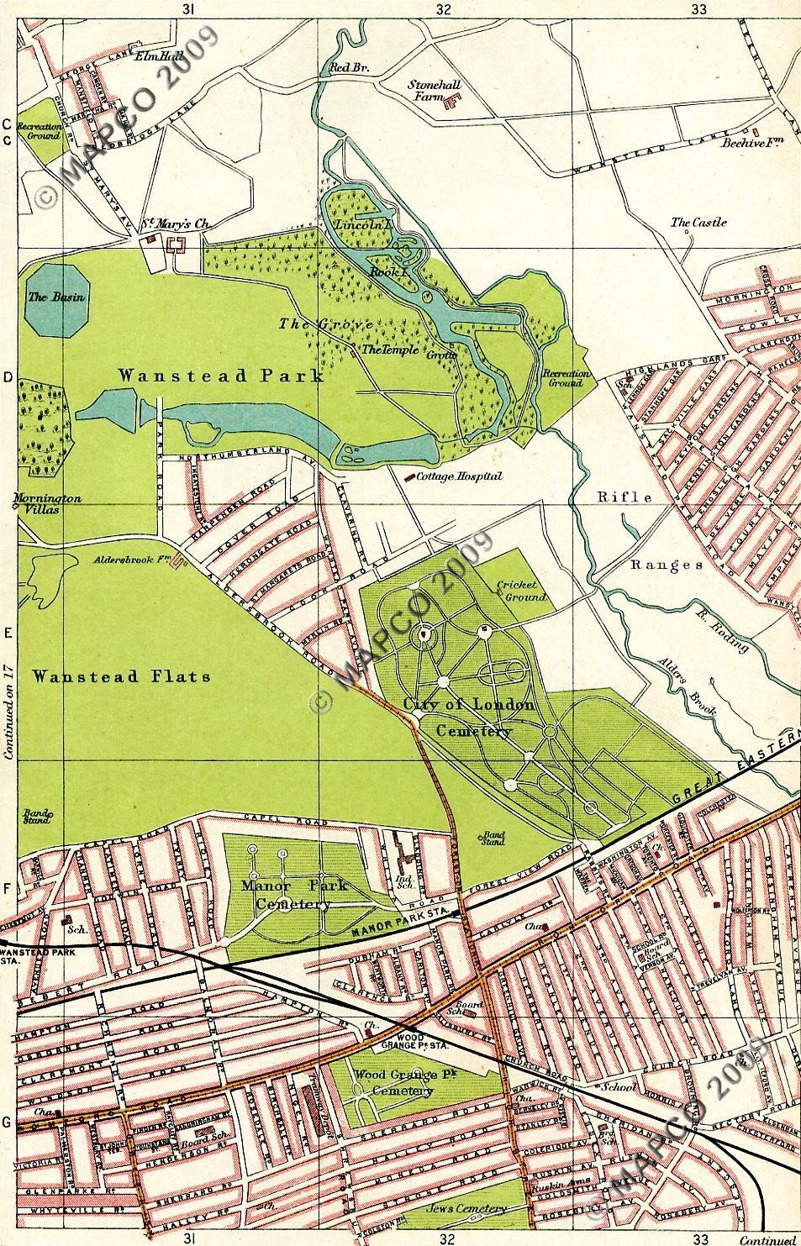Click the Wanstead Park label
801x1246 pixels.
coord(221,376)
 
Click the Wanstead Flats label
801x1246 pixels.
coord(123,676)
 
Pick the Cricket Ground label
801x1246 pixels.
coord(521,591)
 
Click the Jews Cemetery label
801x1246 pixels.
coord(466,1209)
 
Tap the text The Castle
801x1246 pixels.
coord(698,223)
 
